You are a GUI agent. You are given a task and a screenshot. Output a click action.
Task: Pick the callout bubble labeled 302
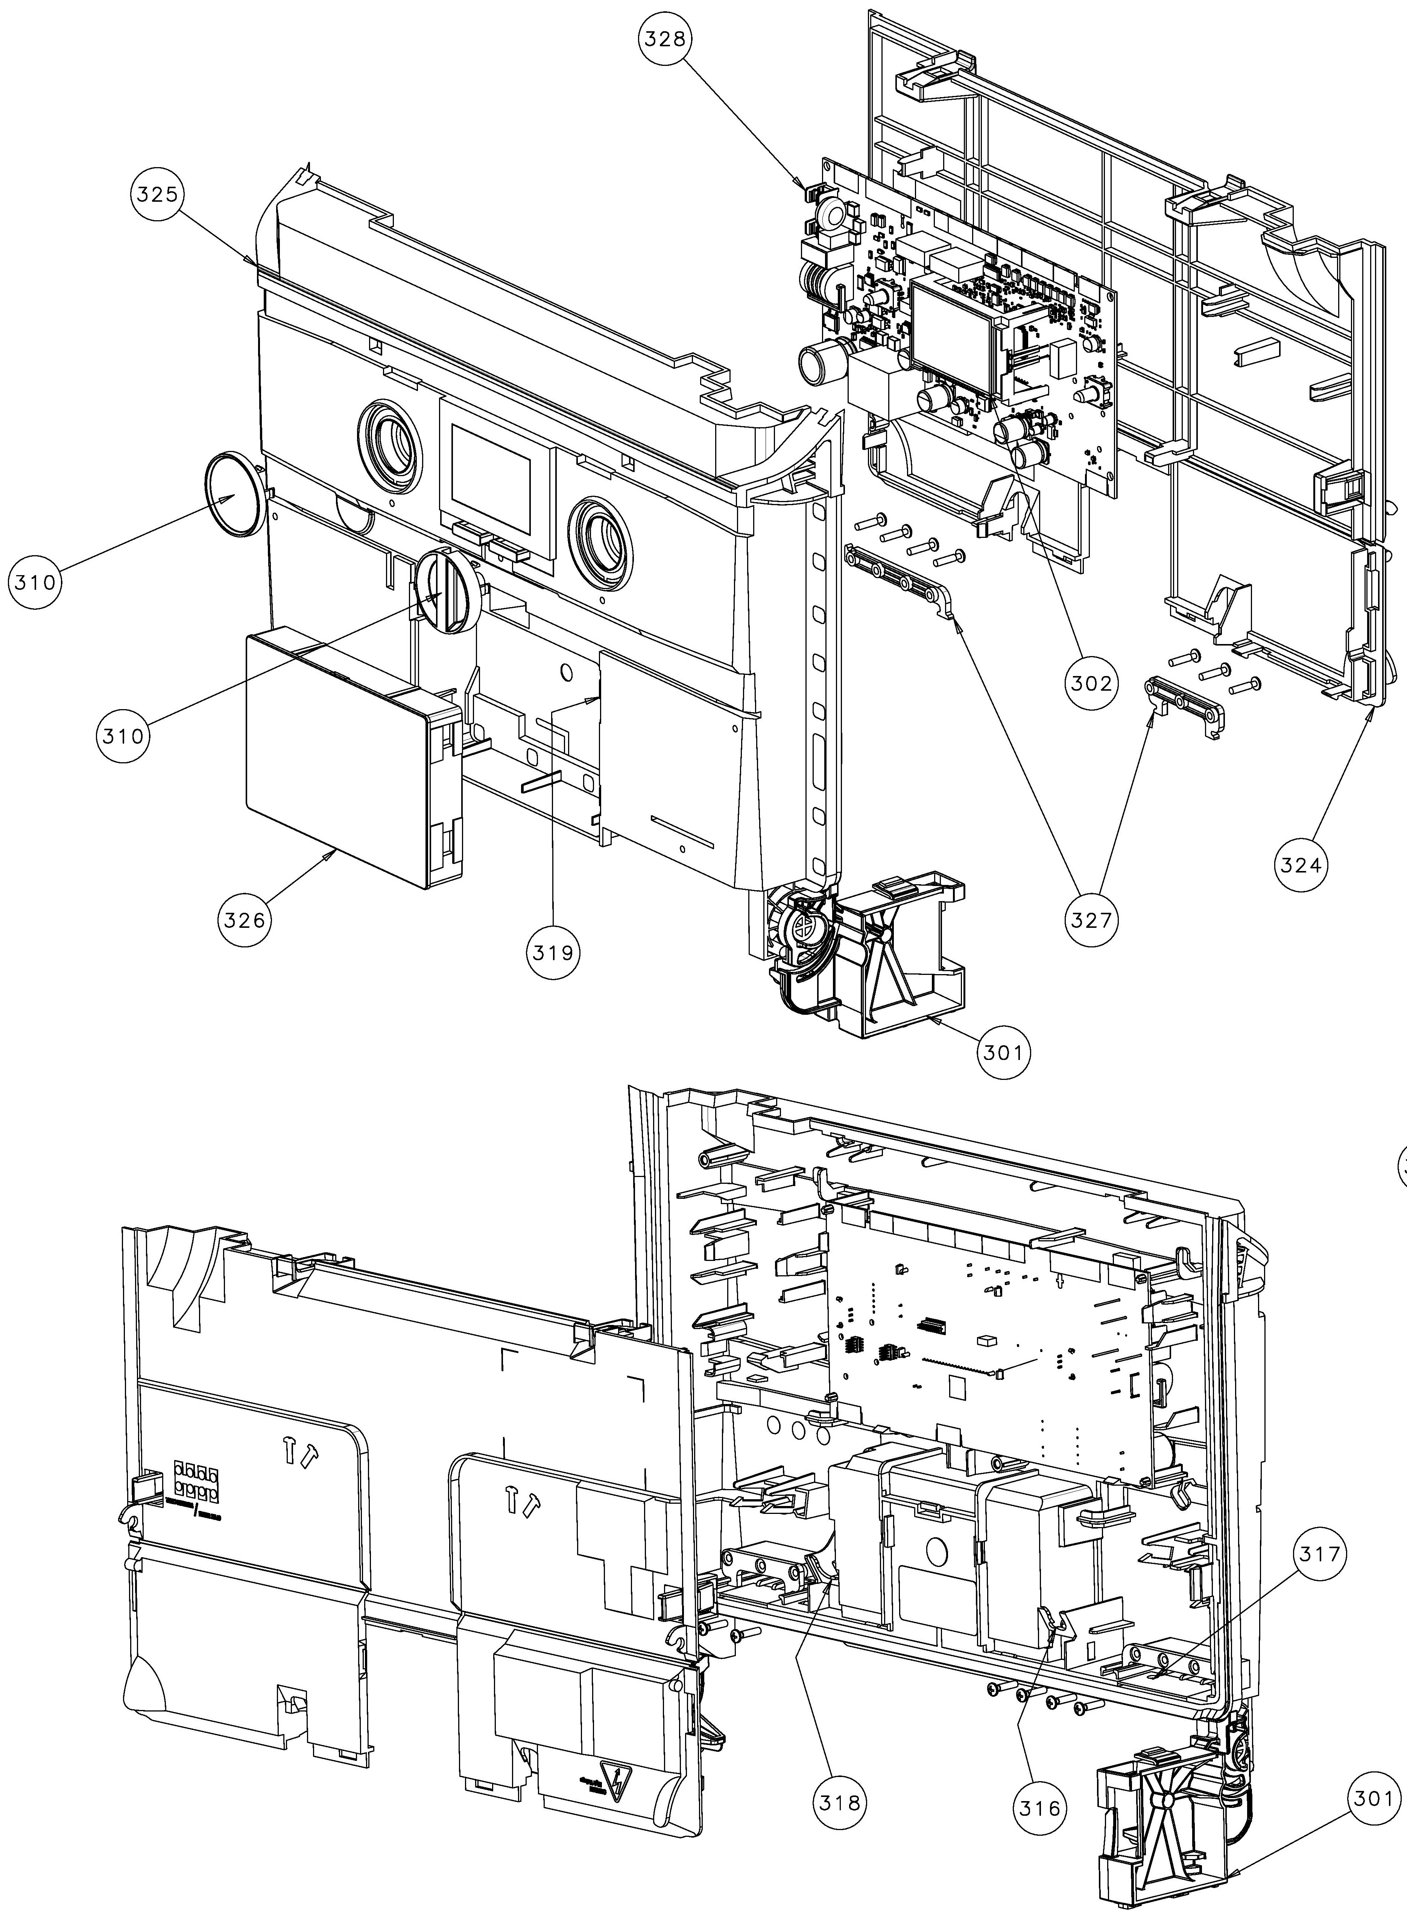pos(1091,683)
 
